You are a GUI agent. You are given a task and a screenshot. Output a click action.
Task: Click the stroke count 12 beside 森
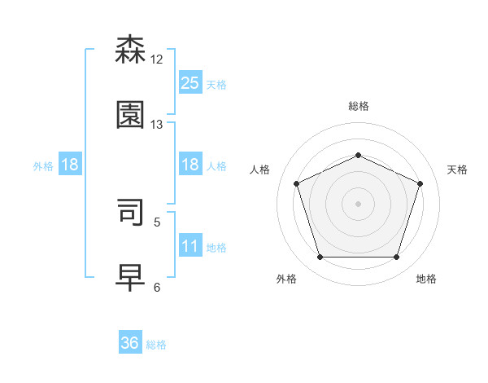[x=157, y=59]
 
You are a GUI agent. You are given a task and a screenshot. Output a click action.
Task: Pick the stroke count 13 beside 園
[x=157, y=125]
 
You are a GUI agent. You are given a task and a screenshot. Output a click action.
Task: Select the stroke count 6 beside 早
[x=157, y=287]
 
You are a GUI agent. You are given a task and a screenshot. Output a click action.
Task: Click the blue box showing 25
[x=190, y=82]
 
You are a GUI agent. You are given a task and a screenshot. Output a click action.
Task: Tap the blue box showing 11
[x=190, y=246]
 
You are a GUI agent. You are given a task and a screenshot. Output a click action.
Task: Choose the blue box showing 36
[x=130, y=343]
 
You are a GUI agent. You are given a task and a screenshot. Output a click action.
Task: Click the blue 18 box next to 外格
[x=70, y=165]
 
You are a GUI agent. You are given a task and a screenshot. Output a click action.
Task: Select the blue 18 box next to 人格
[x=190, y=165]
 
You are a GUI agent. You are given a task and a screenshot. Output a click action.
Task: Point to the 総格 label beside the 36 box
[x=156, y=345]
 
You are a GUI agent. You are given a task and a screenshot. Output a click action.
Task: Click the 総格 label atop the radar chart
[x=358, y=106]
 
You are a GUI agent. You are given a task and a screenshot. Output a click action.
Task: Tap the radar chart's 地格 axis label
[x=426, y=279]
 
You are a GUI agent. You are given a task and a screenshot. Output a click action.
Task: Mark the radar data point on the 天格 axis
[x=420, y=183]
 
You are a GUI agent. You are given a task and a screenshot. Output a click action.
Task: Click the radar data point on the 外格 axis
[x=320, y=258]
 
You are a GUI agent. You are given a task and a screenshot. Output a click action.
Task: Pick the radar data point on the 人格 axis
[x=296, y=183]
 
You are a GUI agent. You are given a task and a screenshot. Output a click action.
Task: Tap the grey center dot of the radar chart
[x=358, y=204]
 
